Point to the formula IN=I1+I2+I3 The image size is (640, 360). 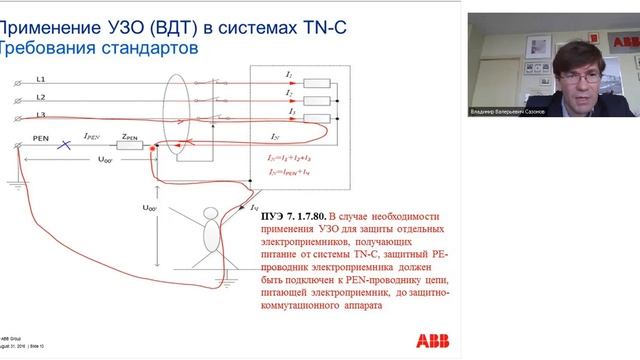[290, 158]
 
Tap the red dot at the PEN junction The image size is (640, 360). [152, 147]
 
